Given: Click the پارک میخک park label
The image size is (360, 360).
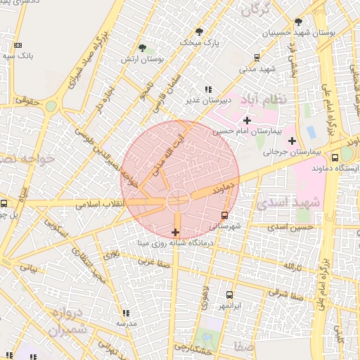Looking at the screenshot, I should [200, 43].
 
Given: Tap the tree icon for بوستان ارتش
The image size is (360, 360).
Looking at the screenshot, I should [143, 48].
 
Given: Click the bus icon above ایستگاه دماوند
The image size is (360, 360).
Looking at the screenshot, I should [335, 157].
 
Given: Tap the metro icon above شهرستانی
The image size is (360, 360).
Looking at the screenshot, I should [224, 215].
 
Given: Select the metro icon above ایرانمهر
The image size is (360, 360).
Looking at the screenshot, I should [230, 295].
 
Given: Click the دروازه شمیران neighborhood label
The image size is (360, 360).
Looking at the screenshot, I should [68, 321].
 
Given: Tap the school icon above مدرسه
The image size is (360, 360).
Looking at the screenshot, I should [126, 313].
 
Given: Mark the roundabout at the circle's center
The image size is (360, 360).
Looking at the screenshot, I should [178, 201].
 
